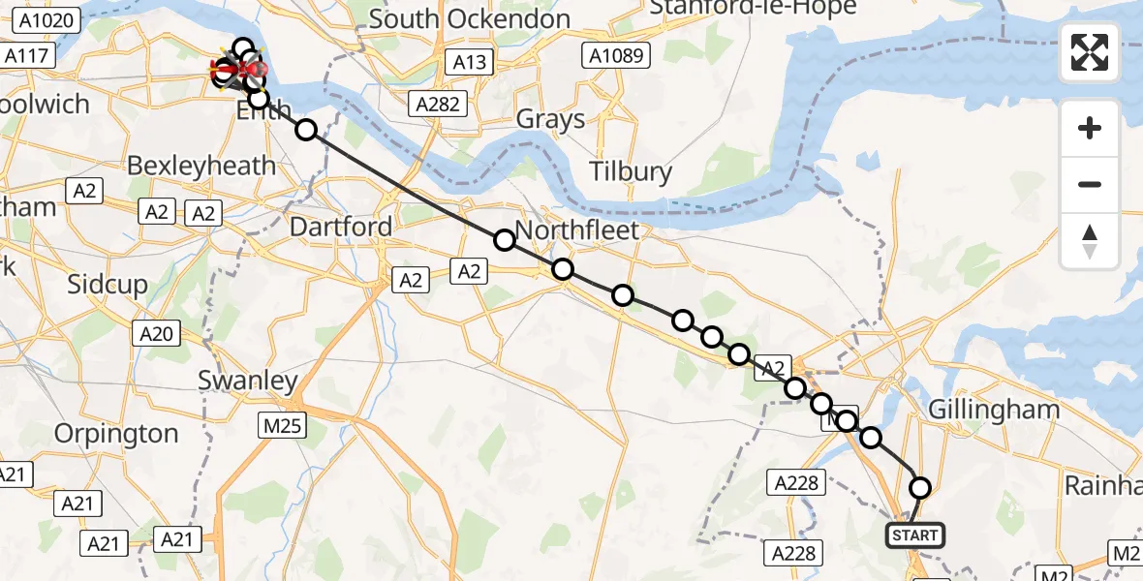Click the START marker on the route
point(913,535)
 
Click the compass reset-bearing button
point(1090,240)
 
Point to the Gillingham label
point(994,410)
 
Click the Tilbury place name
point(632,172)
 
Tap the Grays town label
point(550,120)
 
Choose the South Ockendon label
point(470,18)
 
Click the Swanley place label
point(247,381)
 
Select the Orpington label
point(116,434)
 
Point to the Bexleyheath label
point(201,165)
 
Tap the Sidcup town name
point(108,285)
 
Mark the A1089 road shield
point(612,55)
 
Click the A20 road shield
point(156,335)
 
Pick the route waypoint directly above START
point(919,488)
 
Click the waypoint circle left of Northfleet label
point(504,240)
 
